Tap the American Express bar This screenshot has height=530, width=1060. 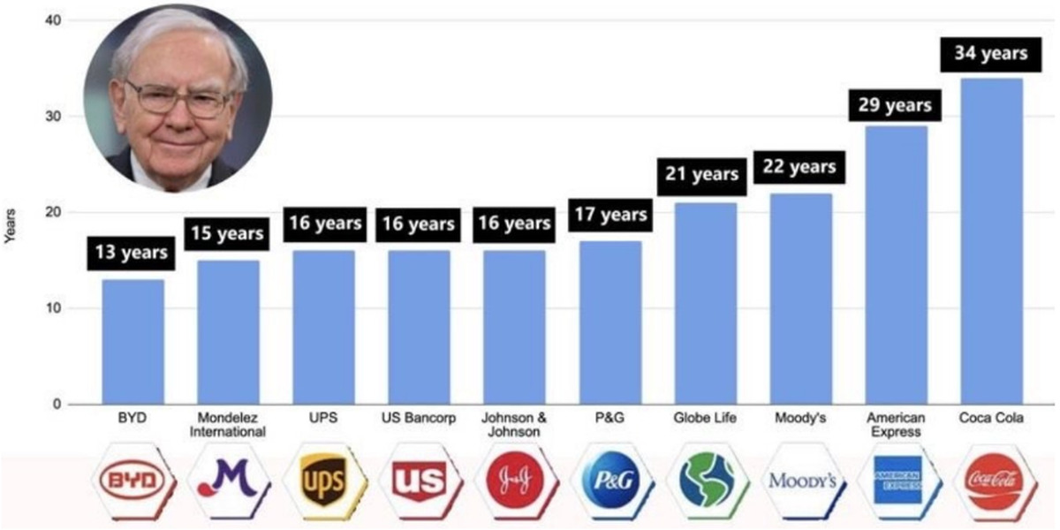click(x=897, y=265)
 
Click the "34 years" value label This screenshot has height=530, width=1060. click(x=991, y=54)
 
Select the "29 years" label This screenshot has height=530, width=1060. click(x=896, y=105)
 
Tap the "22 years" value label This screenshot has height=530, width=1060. click(x=800, y=166)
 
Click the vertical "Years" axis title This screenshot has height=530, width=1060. click(x=11, y=225)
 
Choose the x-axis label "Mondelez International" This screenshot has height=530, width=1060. click(x=228, y=425)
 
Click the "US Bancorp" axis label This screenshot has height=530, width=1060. click(x=419, y=419)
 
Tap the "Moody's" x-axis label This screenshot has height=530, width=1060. click(x=800, y=419)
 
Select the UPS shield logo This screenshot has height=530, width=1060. click(x=323, y=482)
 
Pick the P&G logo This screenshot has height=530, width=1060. click(x=609, y=482)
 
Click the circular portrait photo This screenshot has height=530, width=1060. click(x=178, y=97)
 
